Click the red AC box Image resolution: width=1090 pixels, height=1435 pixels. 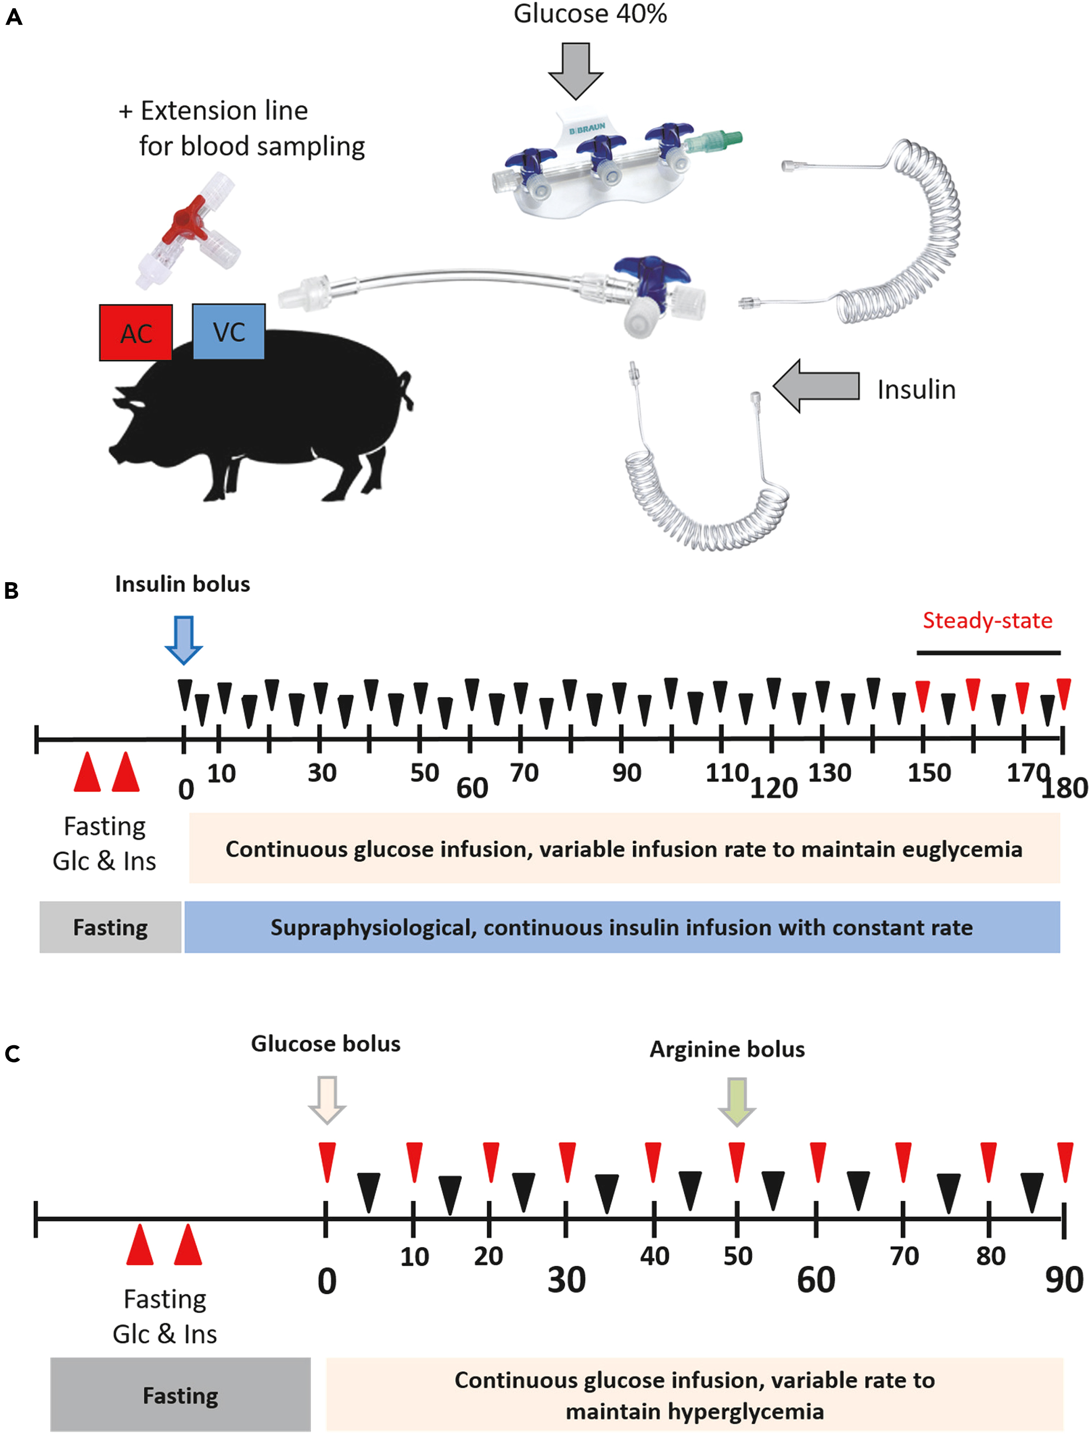[x=136, y=332]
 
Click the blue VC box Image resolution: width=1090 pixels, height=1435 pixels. [x=228, y=331]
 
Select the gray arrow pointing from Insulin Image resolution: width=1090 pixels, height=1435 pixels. [x=816, y=386]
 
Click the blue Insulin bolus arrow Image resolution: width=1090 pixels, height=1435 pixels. [x=184, y=640]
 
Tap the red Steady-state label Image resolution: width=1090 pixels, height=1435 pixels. [x=987, y=621]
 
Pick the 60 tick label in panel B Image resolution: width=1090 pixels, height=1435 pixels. [x=472, y=788]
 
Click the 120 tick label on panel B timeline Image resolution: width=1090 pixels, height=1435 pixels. [x=773, y=788]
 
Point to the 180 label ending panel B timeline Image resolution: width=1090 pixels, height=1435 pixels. [x=1065, y=788]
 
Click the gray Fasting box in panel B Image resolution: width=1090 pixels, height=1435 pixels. [x=110, y=927]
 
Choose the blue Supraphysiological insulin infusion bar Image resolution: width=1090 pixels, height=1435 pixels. [x=622, y=927]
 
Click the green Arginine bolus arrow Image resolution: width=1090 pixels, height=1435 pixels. [x=736, y=1101]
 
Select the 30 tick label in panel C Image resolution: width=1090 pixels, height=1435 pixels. [x=566, y=1280]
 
